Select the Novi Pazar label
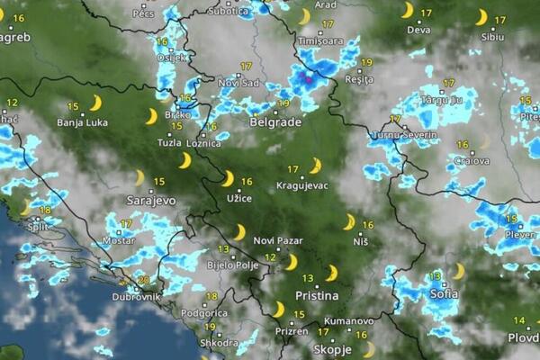tap(276, 240)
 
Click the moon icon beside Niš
tap(349, 221)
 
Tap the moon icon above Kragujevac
tap(315, 166)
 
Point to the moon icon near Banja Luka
tap(94, 103)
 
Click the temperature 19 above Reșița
tap(365, 62)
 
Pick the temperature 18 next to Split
tap(45, 210)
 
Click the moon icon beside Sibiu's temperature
tap(481, 17)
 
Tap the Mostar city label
tap(118, 241)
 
